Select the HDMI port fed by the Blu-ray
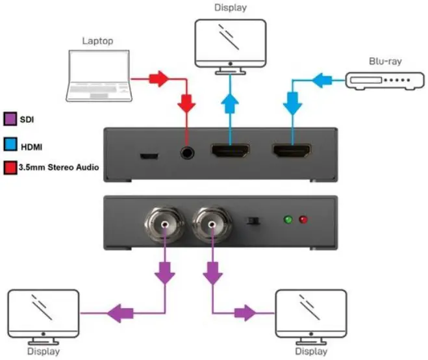294,154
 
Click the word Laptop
97,40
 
